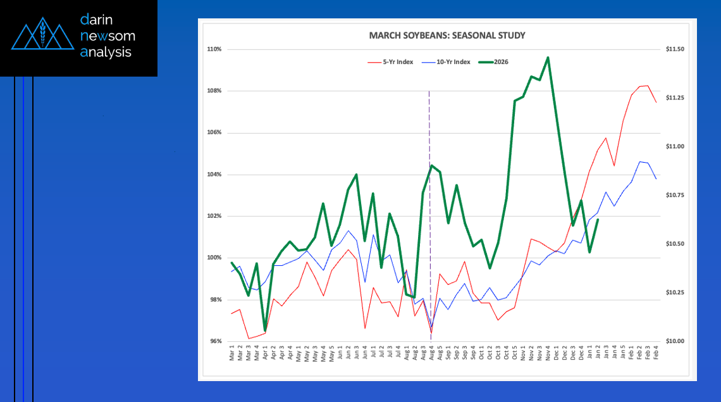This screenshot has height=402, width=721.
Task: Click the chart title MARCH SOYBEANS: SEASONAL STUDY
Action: click(447, 35)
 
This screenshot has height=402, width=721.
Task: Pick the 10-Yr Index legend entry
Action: click(448, 62)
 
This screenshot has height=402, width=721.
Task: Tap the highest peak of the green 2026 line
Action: click(547, 58)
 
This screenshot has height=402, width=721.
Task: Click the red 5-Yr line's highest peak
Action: click(647, 85)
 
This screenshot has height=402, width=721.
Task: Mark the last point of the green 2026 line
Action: click(598, 220)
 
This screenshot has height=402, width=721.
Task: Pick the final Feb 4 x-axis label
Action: click(656, 353)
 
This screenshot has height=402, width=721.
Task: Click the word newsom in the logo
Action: click(108, 36)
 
